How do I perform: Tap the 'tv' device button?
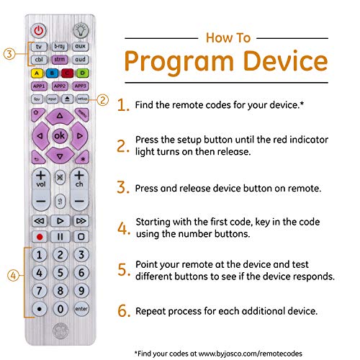(38, 46)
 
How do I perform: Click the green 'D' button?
(82, 72)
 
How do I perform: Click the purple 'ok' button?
(59, 135)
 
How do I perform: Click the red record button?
(38, 235)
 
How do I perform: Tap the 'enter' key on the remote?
(82, 308)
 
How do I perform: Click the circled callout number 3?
(9, 53)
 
